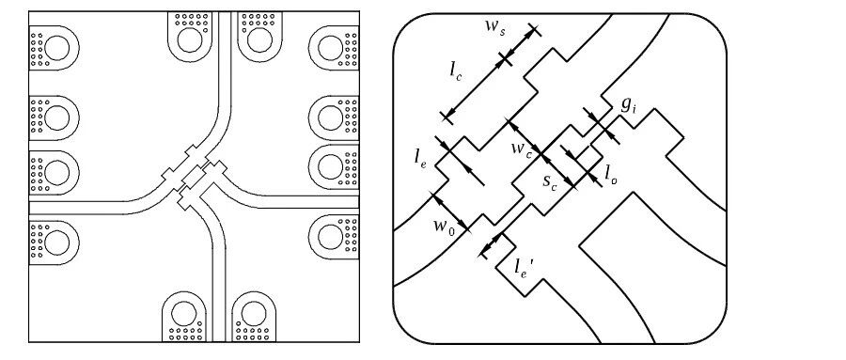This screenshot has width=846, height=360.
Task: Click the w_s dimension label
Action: pyautogui.click(x=494, y=30)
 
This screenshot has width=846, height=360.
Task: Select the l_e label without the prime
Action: pyautogui.click(x=420, y=157)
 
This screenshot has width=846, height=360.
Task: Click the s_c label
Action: pyautogui.click(x=550, y=180)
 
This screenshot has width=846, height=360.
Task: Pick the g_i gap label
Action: pyautogui.click(x=629, y=103)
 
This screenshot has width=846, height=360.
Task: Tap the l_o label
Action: pyautogui.click(x=611, y=174)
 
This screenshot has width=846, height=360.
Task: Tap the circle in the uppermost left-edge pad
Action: pyautogui.click(x=56, y=48)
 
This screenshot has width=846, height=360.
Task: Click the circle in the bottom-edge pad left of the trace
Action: pyautogui.click(x=184, y=314)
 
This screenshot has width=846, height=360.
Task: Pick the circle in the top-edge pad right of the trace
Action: pyautogui.click(x=259, y=39)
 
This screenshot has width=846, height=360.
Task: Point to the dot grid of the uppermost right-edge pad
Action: pyautogui.click(x=351, y=49)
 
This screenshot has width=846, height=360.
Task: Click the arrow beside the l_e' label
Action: pyautogui.click(x=491, y=245)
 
